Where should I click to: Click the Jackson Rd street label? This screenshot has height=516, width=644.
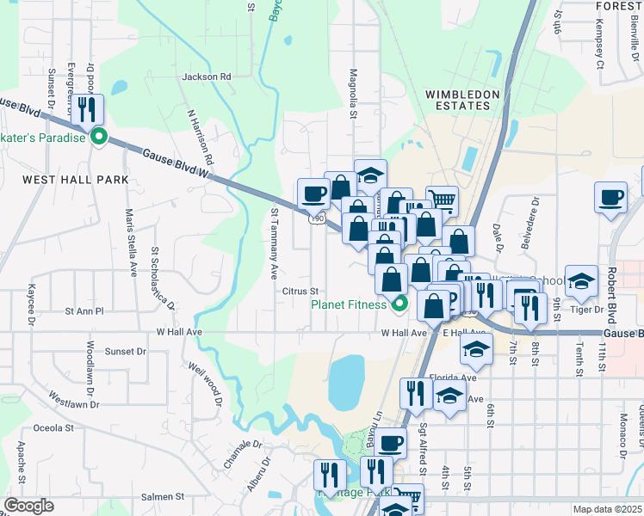point(207,77)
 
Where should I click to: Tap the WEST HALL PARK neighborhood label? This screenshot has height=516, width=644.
point(75,180)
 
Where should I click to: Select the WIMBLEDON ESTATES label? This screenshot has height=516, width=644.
point(458,100)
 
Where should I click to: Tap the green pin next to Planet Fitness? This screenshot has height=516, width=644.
point(399,303)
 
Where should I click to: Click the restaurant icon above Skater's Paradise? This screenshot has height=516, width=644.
point(88,110)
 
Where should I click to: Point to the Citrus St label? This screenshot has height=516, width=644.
point(301,291)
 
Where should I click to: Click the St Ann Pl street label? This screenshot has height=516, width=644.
point(84,310)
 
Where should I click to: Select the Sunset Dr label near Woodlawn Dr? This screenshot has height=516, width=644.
point(126,352)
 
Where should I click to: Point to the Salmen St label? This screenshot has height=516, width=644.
point(163,497)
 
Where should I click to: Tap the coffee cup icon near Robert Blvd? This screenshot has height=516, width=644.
point(610,197)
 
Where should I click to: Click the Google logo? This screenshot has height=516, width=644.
point(28,506)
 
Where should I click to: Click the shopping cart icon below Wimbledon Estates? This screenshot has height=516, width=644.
point(442,200)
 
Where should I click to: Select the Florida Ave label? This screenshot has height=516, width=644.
point(455,378)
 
